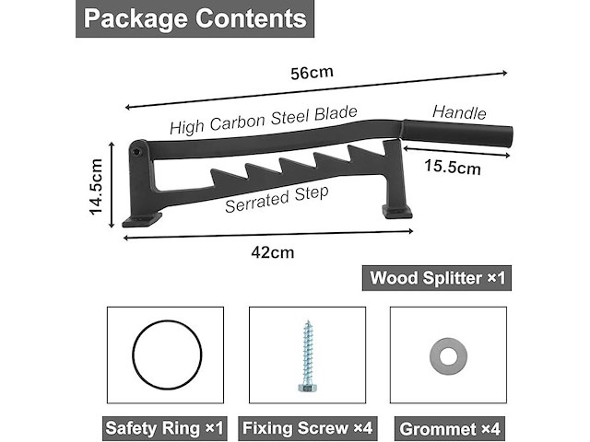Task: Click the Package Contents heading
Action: (195, 18)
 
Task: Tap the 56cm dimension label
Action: (312, 73)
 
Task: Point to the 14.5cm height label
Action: (96, 186)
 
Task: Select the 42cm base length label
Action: (273, 252)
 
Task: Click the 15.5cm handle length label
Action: (453, 168)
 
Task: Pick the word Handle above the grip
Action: (459, 112)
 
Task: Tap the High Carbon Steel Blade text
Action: (264, 121)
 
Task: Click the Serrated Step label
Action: (277, 200)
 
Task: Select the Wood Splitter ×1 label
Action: (437, 278)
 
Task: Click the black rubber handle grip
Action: (458, 133)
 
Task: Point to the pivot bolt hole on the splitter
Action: (136, 152)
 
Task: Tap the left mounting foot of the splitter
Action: (142, 219)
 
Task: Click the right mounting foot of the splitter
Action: (397, 212)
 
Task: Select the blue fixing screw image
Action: (307, 356)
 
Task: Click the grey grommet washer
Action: (449, 356)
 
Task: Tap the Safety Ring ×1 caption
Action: (165, 428)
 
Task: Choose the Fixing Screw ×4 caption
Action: (307, 428)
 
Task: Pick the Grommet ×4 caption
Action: (450, 429)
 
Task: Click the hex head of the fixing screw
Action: (307, 388)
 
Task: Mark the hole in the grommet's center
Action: (449, 356)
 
